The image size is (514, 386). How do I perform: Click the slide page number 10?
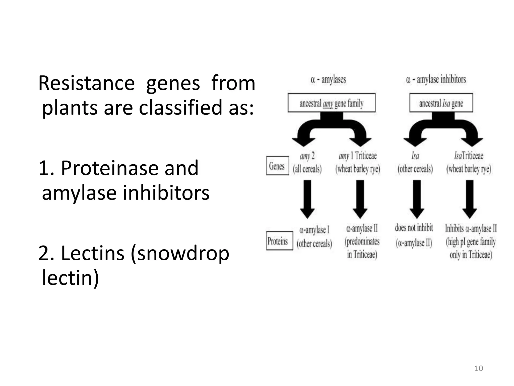479,368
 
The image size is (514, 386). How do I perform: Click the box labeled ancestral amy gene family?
332,103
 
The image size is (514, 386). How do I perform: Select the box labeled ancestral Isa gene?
441,103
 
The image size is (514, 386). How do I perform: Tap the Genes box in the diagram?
277,166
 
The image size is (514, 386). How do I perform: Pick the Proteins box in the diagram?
279,241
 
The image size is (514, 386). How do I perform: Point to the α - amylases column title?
328,80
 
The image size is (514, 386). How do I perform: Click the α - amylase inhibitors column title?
436,80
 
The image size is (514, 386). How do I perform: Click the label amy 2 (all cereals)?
307,162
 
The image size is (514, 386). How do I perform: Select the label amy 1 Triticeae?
358,156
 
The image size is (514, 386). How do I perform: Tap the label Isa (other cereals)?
415,162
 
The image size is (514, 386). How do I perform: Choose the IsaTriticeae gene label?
469,156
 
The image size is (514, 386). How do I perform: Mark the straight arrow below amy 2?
307,199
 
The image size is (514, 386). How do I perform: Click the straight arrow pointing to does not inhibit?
417,199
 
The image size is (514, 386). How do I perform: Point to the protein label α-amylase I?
314,230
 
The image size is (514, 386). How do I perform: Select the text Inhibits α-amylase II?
471,229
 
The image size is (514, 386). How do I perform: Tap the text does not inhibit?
414,228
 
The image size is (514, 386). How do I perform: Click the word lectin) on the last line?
70,278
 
